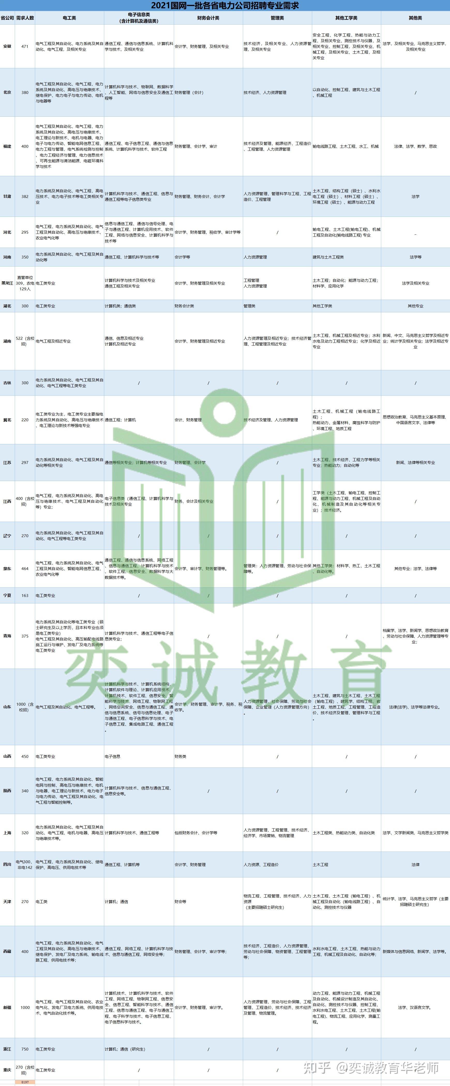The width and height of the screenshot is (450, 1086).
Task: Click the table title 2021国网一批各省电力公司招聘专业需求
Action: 225,5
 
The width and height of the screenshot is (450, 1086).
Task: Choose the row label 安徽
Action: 7,46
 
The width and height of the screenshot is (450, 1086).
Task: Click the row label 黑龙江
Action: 7,283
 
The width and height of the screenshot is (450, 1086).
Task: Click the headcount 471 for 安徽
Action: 25,46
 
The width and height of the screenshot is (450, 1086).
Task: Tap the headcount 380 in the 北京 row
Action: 25,92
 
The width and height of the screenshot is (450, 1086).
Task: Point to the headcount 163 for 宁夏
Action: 25,596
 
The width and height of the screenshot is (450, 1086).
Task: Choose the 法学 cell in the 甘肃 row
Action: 415,196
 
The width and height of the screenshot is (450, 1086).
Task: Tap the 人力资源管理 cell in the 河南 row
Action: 255,257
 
